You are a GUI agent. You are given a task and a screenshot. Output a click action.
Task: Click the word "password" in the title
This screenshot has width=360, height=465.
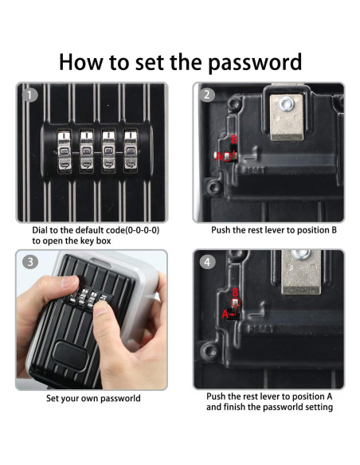point(255,63)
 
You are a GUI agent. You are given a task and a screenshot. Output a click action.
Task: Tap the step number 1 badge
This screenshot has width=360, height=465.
point(29,96)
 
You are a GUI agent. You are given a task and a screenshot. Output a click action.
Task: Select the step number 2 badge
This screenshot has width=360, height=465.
point(207,96)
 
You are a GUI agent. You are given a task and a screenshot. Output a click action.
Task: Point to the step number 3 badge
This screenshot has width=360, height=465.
point(29,262)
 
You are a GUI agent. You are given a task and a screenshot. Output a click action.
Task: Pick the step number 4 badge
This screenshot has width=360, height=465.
point(207,262)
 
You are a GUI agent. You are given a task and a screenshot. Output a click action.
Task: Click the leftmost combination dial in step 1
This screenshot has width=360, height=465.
point(64,151)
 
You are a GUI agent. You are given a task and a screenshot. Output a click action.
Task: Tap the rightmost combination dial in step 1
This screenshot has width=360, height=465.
point(131,151)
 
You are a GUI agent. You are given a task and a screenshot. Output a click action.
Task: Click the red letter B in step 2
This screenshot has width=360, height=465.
point(233,139)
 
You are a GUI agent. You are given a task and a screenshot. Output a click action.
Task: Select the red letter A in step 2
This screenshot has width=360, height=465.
point(219,156)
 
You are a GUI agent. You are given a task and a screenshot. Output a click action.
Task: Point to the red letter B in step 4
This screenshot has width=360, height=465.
point(235,292)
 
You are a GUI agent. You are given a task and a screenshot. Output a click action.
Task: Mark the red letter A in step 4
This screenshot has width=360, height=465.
point(225,314)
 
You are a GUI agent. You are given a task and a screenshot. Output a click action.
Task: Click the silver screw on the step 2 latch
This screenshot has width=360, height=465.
point(287,104)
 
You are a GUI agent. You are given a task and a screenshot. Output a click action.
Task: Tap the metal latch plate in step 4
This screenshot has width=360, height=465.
point(301,272)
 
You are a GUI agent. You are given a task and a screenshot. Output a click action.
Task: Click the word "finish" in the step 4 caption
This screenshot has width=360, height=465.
point(235,407)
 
